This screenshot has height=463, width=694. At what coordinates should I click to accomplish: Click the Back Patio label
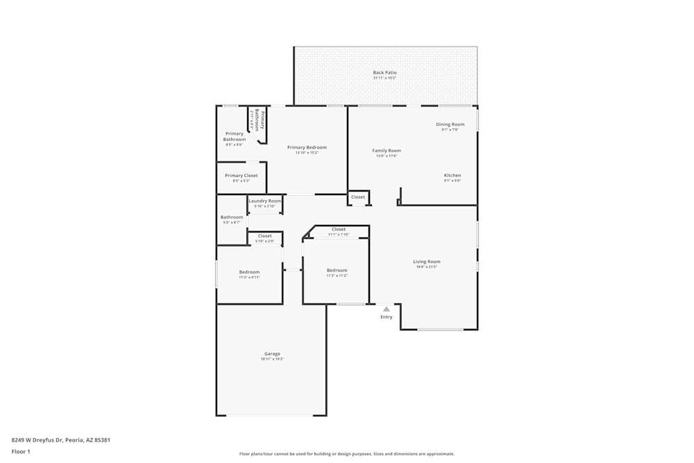click(384, 72)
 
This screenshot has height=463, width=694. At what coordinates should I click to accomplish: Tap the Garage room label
click(272, 354)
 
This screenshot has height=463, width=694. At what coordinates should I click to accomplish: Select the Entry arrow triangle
click(387, 309)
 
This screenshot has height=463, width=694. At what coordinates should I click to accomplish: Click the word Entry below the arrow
click(387, 317)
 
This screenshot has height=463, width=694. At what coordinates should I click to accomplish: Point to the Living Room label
click(427, 262)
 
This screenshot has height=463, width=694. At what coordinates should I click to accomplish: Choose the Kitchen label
click(452, 176)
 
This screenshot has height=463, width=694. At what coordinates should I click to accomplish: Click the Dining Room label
click(450, 124)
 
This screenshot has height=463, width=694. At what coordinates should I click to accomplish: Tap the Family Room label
click(387, 151)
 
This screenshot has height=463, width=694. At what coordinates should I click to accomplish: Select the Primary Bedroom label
click(307, 147)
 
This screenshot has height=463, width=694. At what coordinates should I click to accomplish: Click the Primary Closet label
click(241, 176)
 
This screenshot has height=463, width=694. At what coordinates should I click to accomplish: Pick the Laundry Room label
click(265, 201)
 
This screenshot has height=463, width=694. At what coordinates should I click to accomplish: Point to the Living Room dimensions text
click(427, 267)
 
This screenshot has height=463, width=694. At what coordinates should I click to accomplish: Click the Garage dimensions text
click(272, 359)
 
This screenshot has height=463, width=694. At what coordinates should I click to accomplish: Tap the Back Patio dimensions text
click(384, 78)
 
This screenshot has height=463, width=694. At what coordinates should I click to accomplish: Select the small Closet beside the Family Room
click(358, 197)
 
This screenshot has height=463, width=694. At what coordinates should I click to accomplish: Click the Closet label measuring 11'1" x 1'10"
click(339, 229)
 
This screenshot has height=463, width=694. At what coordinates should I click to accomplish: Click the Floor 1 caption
click(21, 451)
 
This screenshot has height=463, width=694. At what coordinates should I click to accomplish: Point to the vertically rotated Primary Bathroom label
click(257, 120)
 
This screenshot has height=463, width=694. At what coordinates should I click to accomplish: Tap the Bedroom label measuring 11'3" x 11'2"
click(337, 270)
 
